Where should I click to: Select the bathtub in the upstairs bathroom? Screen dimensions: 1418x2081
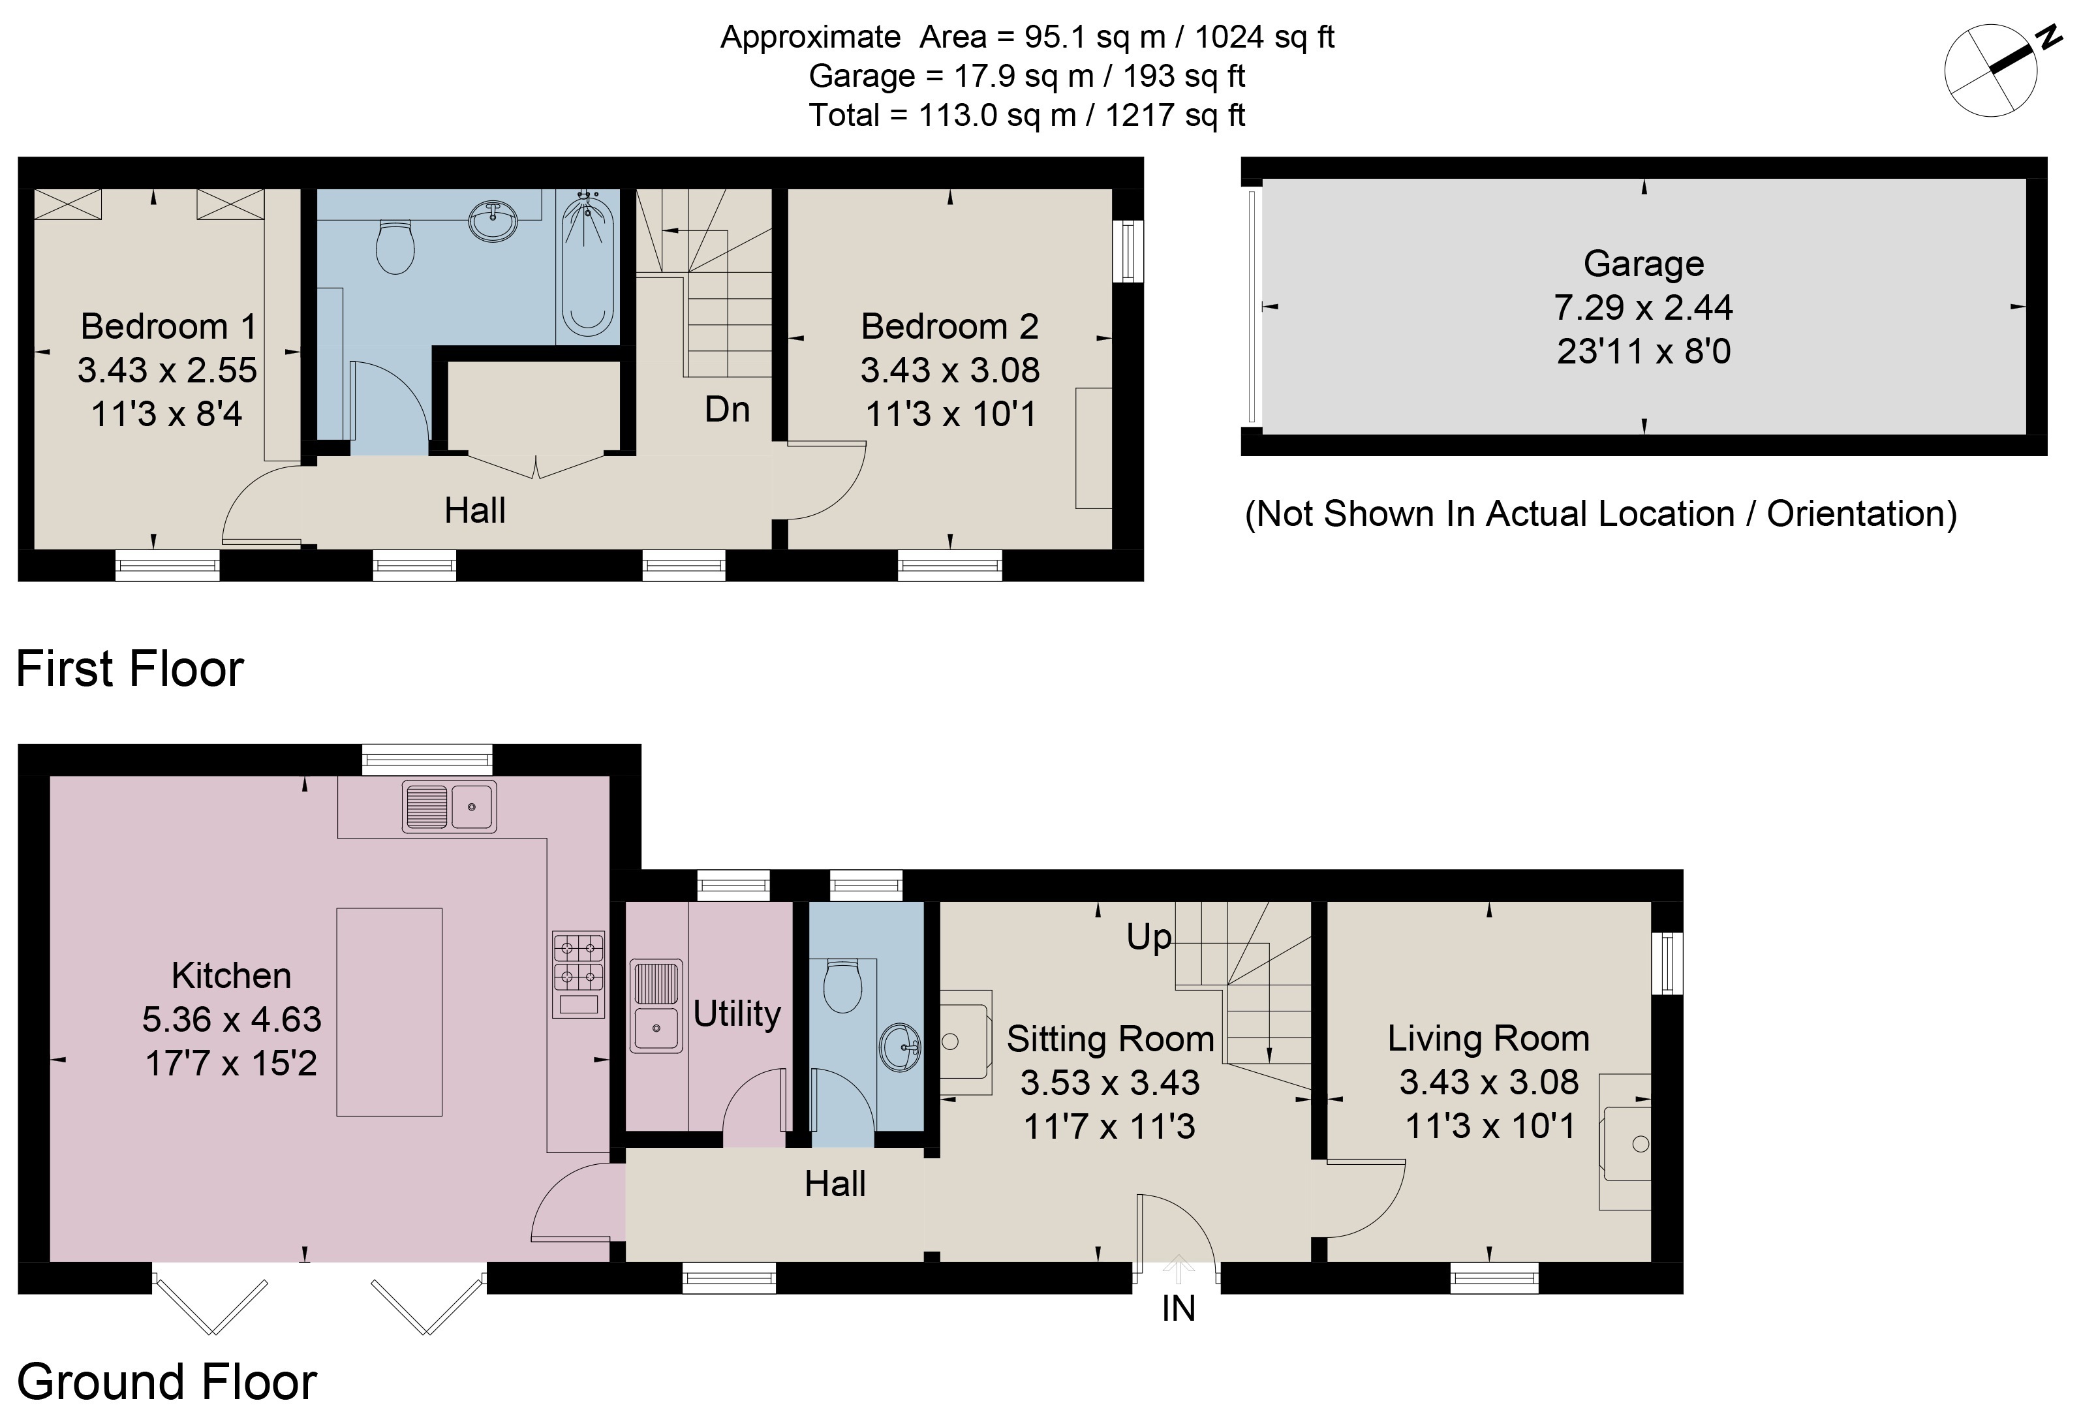coord(587,267)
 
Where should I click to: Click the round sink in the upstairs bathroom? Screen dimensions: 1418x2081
coord(493,220)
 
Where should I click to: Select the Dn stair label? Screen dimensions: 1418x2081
coord(726,409)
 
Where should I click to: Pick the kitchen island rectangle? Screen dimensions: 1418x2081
coord(389,1011)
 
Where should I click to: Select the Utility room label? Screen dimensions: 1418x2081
coord(736,1013)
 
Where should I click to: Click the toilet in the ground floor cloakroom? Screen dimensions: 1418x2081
coord(842,985)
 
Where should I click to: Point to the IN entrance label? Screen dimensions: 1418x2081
coord(1179,1309)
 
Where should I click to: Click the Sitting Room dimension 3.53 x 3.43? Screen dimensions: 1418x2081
coord(1109,1083)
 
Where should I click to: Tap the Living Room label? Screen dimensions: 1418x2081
coord(1488,1038)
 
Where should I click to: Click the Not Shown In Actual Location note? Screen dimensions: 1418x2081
coord(1600,514)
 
